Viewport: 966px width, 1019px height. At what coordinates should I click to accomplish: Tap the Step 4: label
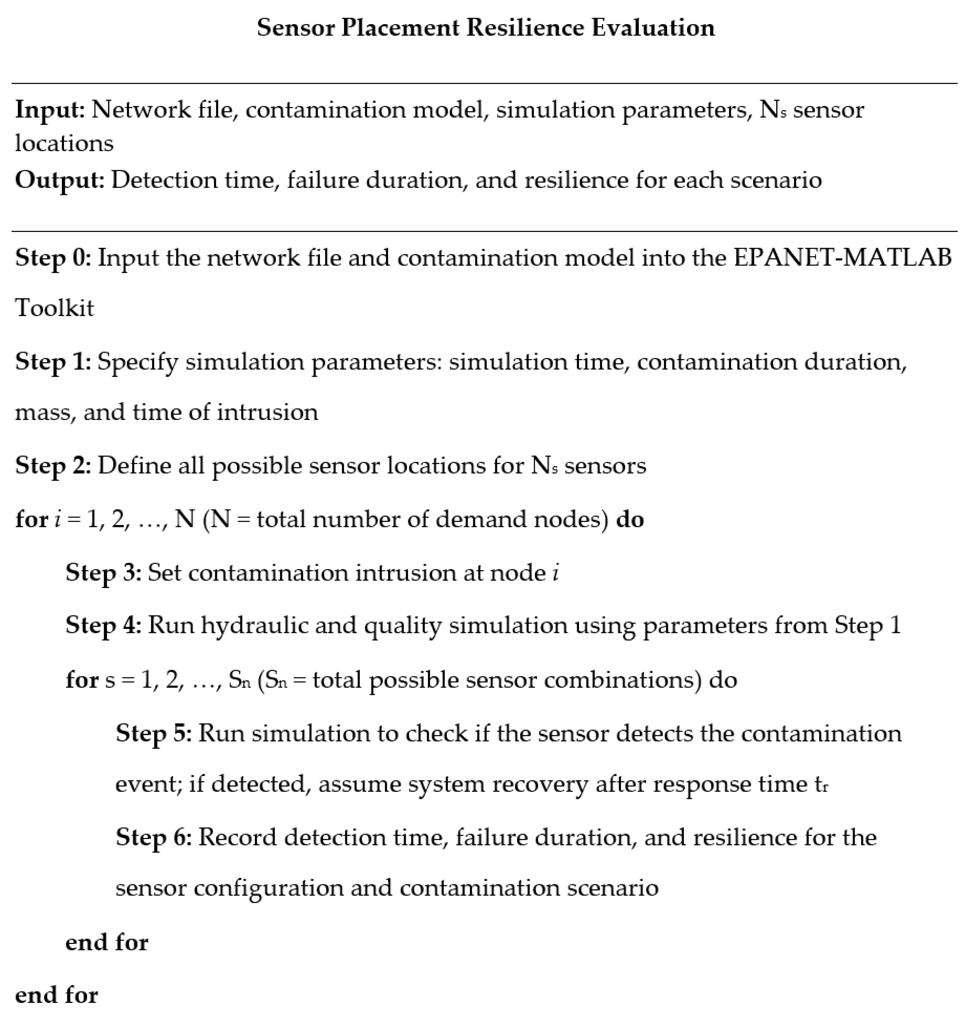coord(103,625)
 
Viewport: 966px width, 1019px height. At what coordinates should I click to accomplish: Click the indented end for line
coord(107,942)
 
